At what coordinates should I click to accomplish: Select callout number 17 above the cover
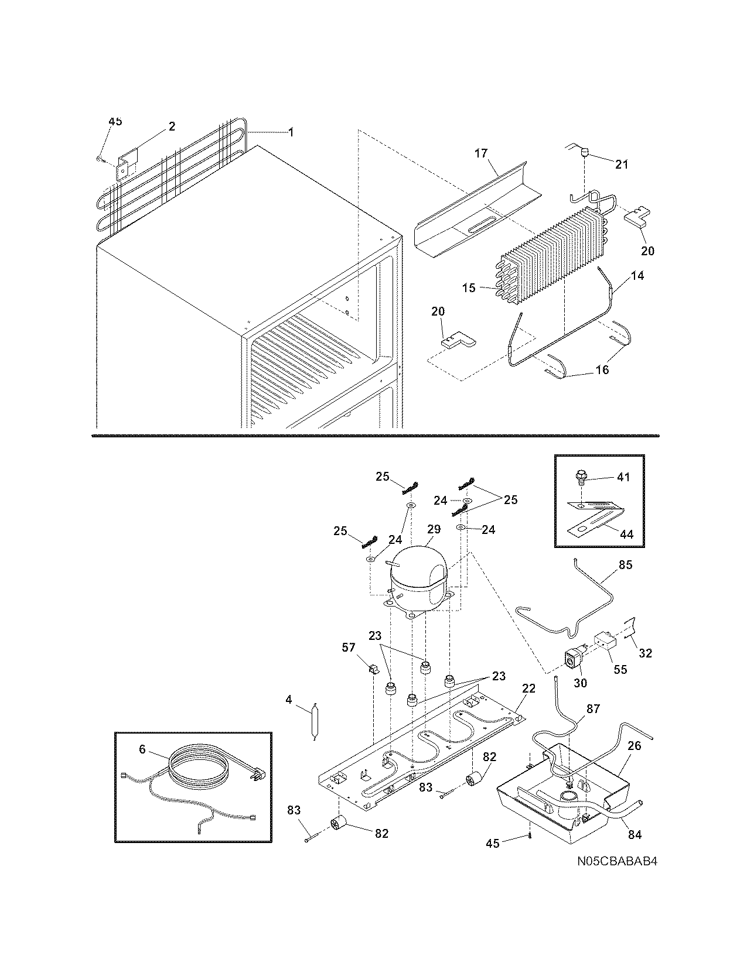[x=480, y=154]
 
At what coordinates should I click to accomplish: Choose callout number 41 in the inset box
[x=623, y=477]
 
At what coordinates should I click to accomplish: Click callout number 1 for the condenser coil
[x=290, y=132]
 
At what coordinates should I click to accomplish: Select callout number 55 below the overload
[x=620, y=669]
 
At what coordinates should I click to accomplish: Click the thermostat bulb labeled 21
[x=584, y=153]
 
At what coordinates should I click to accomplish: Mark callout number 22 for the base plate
[x=528, y=689]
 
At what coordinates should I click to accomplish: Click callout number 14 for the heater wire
[x=637, y=276]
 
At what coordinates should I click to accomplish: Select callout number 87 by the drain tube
[x=593, y=709]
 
